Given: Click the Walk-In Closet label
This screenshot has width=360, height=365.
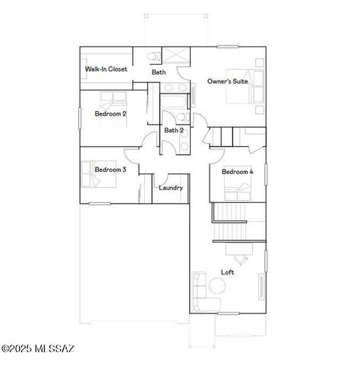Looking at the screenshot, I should [x=106, y=69].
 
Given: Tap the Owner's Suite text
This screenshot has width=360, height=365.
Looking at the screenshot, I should [x=228, y=81].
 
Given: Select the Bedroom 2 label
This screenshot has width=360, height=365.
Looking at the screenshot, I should [x=110, y=114].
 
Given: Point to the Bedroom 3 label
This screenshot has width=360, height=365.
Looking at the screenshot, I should [x=110, y=170].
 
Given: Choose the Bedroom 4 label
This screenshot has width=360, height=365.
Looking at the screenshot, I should [x=237, y=173].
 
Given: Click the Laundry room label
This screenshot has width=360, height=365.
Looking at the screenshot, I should [x=170, y=188].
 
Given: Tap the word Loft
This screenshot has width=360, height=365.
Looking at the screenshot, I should [x=227, y=272].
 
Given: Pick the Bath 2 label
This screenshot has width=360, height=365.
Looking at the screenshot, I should [x=174, y=131].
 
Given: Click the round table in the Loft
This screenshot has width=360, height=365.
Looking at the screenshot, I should [x=218, y=287].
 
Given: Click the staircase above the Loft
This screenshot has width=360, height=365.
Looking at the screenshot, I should [x=230, y=221].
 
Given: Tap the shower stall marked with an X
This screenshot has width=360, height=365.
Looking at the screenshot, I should [x=176, y=57].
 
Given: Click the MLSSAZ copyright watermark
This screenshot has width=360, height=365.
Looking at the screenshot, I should [x=38, y=349].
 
